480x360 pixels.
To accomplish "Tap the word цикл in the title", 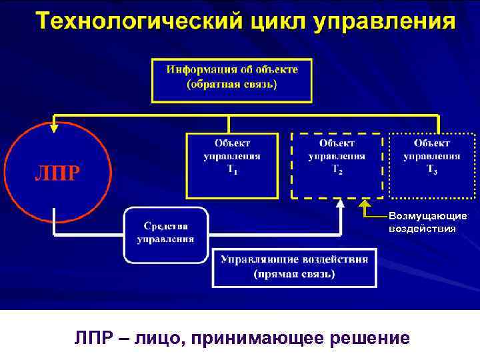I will click(x=271, y=21).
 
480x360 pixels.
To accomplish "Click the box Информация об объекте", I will click(x=232, y=78).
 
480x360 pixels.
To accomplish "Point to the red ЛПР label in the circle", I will click(x=57, y=173).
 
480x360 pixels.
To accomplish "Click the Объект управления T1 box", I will click(x=232, y=165).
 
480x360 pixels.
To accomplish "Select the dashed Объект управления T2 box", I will click(x=337, y=165).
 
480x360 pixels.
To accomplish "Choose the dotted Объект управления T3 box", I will click(x=431, y=165).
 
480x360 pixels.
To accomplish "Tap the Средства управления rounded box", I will click(x=166, y=234).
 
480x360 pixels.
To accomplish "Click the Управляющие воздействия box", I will click(x=294, y=267).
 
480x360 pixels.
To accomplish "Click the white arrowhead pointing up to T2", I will click(x=340, y=203).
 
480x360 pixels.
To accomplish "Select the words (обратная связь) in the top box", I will click(x=232, y=85).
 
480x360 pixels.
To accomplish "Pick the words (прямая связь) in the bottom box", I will click(x=294, y=274).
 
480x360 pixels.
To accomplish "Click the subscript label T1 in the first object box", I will click(x=232, y=171).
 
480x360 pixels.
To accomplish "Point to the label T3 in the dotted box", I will click(x=432, y=171).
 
